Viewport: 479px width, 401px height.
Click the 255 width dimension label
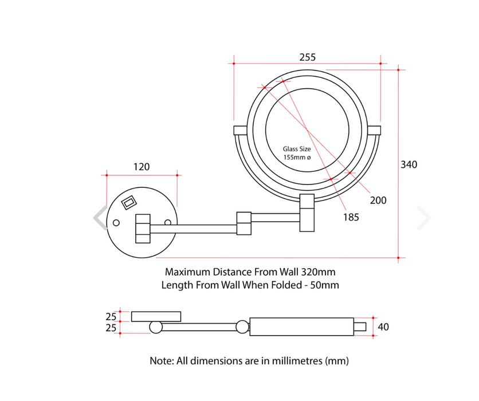click(307, 57)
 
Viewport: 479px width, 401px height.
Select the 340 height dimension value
click(409, 164)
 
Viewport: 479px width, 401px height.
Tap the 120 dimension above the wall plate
click(142, 167)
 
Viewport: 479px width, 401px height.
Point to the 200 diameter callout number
click(378, 200)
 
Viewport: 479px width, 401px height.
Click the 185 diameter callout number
click(351, 217)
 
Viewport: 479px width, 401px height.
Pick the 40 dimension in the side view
click(383, 327)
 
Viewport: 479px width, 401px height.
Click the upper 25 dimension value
click(111, 317)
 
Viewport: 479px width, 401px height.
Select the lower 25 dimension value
click(111, 328)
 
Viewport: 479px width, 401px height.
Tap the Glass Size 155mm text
click(297, 153)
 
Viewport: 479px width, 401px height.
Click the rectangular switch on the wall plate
click(129, 202)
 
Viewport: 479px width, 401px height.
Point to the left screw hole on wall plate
click(116, 223)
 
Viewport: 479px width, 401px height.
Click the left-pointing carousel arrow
click(100, 218)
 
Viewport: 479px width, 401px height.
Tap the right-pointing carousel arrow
click(424, 218)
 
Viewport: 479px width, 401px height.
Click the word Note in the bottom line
click(162, 361)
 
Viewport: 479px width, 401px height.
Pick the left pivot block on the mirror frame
click(240, 130)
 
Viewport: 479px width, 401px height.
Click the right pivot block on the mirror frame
click(374, 130)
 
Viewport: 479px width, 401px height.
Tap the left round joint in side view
click(156, 327)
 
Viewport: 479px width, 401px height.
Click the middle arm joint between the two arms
click(244, 223)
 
